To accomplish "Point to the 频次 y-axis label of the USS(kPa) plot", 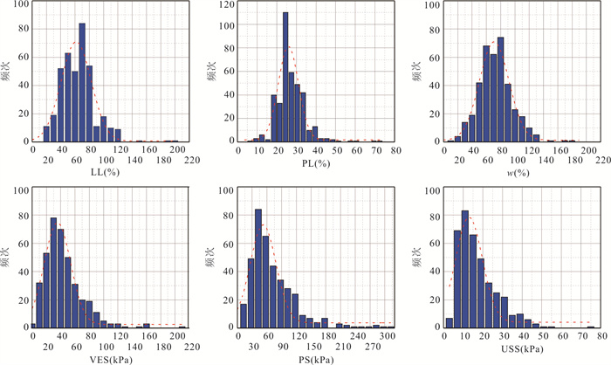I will click(x=417, y=259).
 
